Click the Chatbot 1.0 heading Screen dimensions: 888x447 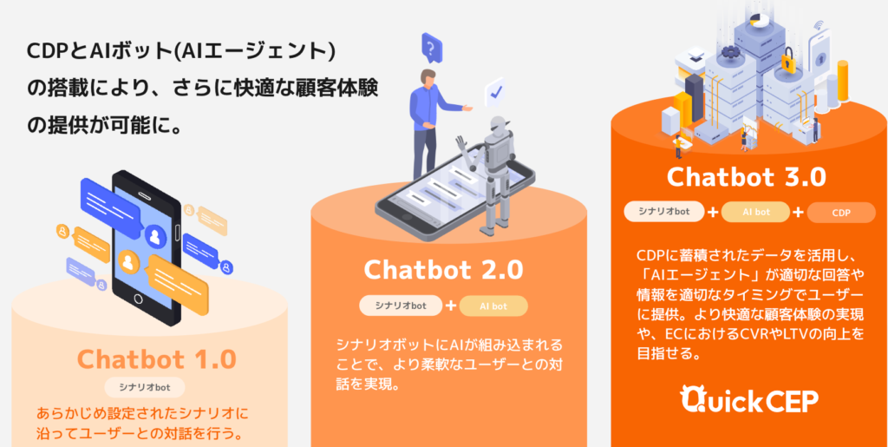(156, 358)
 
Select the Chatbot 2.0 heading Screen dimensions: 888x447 (443, 270)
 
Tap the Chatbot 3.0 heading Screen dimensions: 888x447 (747, 177)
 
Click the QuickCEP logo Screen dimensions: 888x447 (748, 400)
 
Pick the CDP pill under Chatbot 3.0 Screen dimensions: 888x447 (841, 213)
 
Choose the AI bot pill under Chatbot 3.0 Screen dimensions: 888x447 (755, 213)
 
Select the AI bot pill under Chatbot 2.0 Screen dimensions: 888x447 (493, 306)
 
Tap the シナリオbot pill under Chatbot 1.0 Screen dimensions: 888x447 (145, 387)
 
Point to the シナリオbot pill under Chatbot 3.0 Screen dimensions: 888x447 (663, 212)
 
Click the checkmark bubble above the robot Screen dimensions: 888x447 (494, 92)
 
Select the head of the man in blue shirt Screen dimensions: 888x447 (428, 79)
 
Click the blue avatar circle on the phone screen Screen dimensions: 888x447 (154, 236)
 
